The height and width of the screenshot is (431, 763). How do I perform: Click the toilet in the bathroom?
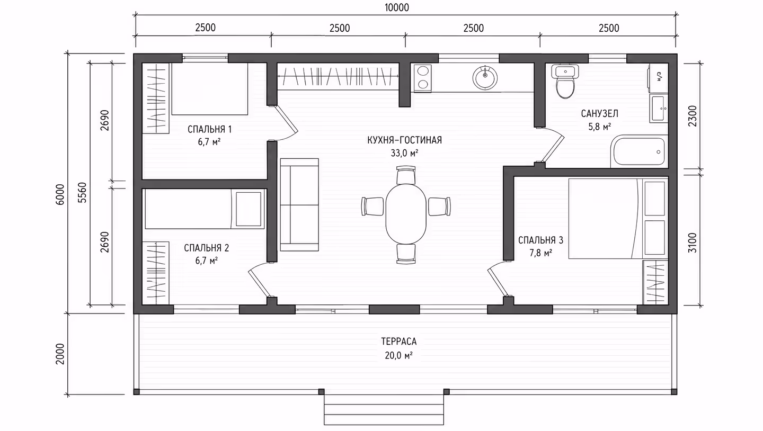(x=565, y=81)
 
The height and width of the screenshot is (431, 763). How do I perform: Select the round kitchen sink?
(x=485, y=78)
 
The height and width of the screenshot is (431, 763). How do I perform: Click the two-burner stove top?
(x=423, y=78)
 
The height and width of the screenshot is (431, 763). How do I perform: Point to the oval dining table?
(x=406, y=214)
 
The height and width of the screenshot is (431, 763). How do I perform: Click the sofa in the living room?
(x=299, y=204)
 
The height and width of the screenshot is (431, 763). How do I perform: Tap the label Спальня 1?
(x=209, y=129)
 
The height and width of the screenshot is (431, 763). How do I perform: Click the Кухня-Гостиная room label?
(x=404, y=140)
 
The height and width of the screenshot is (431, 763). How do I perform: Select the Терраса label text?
(x=399, y=341)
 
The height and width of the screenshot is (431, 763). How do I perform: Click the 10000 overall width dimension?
(x=397, y=7)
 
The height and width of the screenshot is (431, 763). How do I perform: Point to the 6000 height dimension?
(x=59, y=194)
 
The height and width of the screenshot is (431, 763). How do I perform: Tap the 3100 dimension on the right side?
(x=692, y=243)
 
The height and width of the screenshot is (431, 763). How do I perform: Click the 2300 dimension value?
(x=693, y=116)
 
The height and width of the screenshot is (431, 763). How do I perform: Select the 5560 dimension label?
(x=82, y=193)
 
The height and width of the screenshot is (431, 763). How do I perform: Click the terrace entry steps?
(x=384, y=409)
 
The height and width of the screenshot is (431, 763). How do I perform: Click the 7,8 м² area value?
(x=540, y=253)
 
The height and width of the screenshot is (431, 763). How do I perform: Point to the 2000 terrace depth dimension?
(x=60, y=354)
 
